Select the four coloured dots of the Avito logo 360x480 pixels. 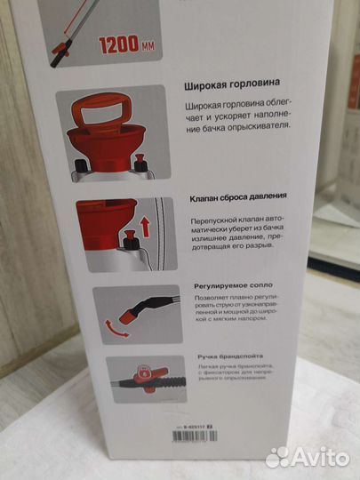tap(278, 456)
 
